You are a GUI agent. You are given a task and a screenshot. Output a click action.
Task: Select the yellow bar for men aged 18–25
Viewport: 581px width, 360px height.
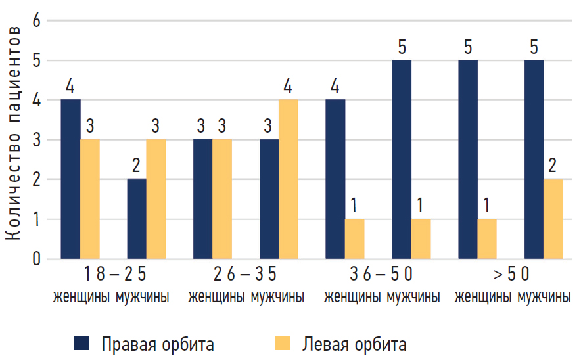pos(156,199)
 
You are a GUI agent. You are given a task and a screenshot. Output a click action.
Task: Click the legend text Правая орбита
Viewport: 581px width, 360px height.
pos(157,344)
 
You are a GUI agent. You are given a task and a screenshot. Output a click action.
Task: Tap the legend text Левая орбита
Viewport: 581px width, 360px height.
pos(354,344)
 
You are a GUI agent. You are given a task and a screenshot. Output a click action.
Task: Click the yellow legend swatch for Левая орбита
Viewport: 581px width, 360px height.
pos(283,342)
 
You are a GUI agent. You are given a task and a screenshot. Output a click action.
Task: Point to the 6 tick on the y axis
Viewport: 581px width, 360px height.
pos(37,21)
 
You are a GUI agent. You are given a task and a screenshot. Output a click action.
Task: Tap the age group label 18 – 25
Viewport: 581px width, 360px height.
pos(114,274)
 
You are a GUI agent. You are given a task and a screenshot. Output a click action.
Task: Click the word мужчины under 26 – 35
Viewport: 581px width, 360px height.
pos(277,297)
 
